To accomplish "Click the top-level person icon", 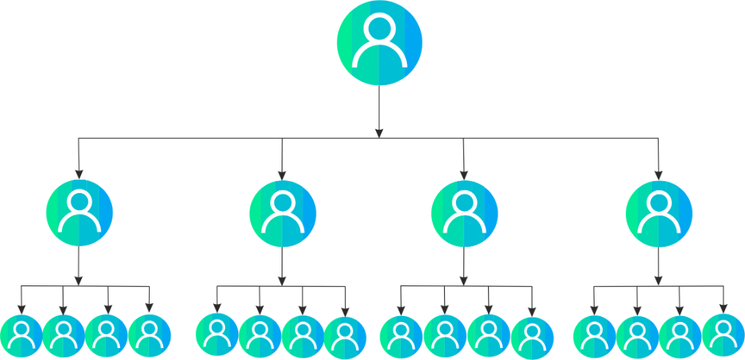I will coord(380,42).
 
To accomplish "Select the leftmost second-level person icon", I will coord(79,213).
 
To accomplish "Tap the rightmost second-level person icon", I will coord(659,214).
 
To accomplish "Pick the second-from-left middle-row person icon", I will coord(282,214).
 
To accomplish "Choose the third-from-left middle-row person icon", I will coord(464,214).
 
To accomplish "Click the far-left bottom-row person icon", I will coord(22,337).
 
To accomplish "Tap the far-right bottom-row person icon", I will coord(723,335).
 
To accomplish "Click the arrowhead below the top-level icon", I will coord(379,132).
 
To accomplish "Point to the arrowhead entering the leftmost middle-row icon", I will coord(79,173).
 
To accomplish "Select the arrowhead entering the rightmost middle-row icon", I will coord(659,173).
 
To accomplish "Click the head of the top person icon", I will coord(380,29).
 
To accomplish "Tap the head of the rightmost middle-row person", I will coord(659,203).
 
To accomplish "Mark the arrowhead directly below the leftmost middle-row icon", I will coord(79,281).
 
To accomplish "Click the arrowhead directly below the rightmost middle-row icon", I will coord(659,281).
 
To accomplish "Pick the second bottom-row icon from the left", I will coord(64,337).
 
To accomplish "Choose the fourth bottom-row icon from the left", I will coord(149,337).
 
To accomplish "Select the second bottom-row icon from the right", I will coord(680,337).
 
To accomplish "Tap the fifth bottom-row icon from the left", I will coord(217,335).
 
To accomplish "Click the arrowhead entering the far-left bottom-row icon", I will coord(22,309).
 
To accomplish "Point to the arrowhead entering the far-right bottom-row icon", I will coord(723,309).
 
